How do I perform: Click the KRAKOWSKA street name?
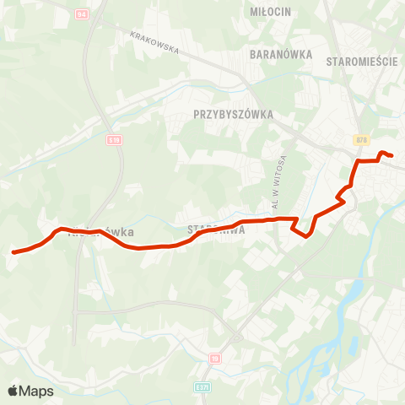pos(156,43)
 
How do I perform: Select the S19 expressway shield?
pos(114,140)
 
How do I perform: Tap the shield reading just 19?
pos(214,358)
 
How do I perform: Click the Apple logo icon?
pos(13,391)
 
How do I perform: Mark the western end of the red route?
pos(13,251)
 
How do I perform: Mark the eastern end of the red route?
pos(392,154)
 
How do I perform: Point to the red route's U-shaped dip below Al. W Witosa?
pos(302,232)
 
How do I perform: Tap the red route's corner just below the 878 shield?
pos(359,160)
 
